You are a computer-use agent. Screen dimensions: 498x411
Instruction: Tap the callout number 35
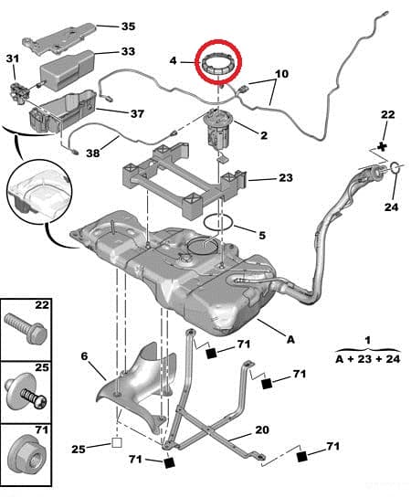128,26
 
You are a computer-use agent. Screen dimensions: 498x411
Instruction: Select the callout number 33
128,52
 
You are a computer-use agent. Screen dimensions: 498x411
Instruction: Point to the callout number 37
137,114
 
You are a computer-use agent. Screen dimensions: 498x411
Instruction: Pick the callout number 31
12,59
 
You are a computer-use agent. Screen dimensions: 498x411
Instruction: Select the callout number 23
286,178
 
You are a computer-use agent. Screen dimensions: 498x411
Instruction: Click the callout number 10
281,73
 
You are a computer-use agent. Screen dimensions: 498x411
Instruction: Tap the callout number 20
261,430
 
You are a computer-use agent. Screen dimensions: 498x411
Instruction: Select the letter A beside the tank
290,339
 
